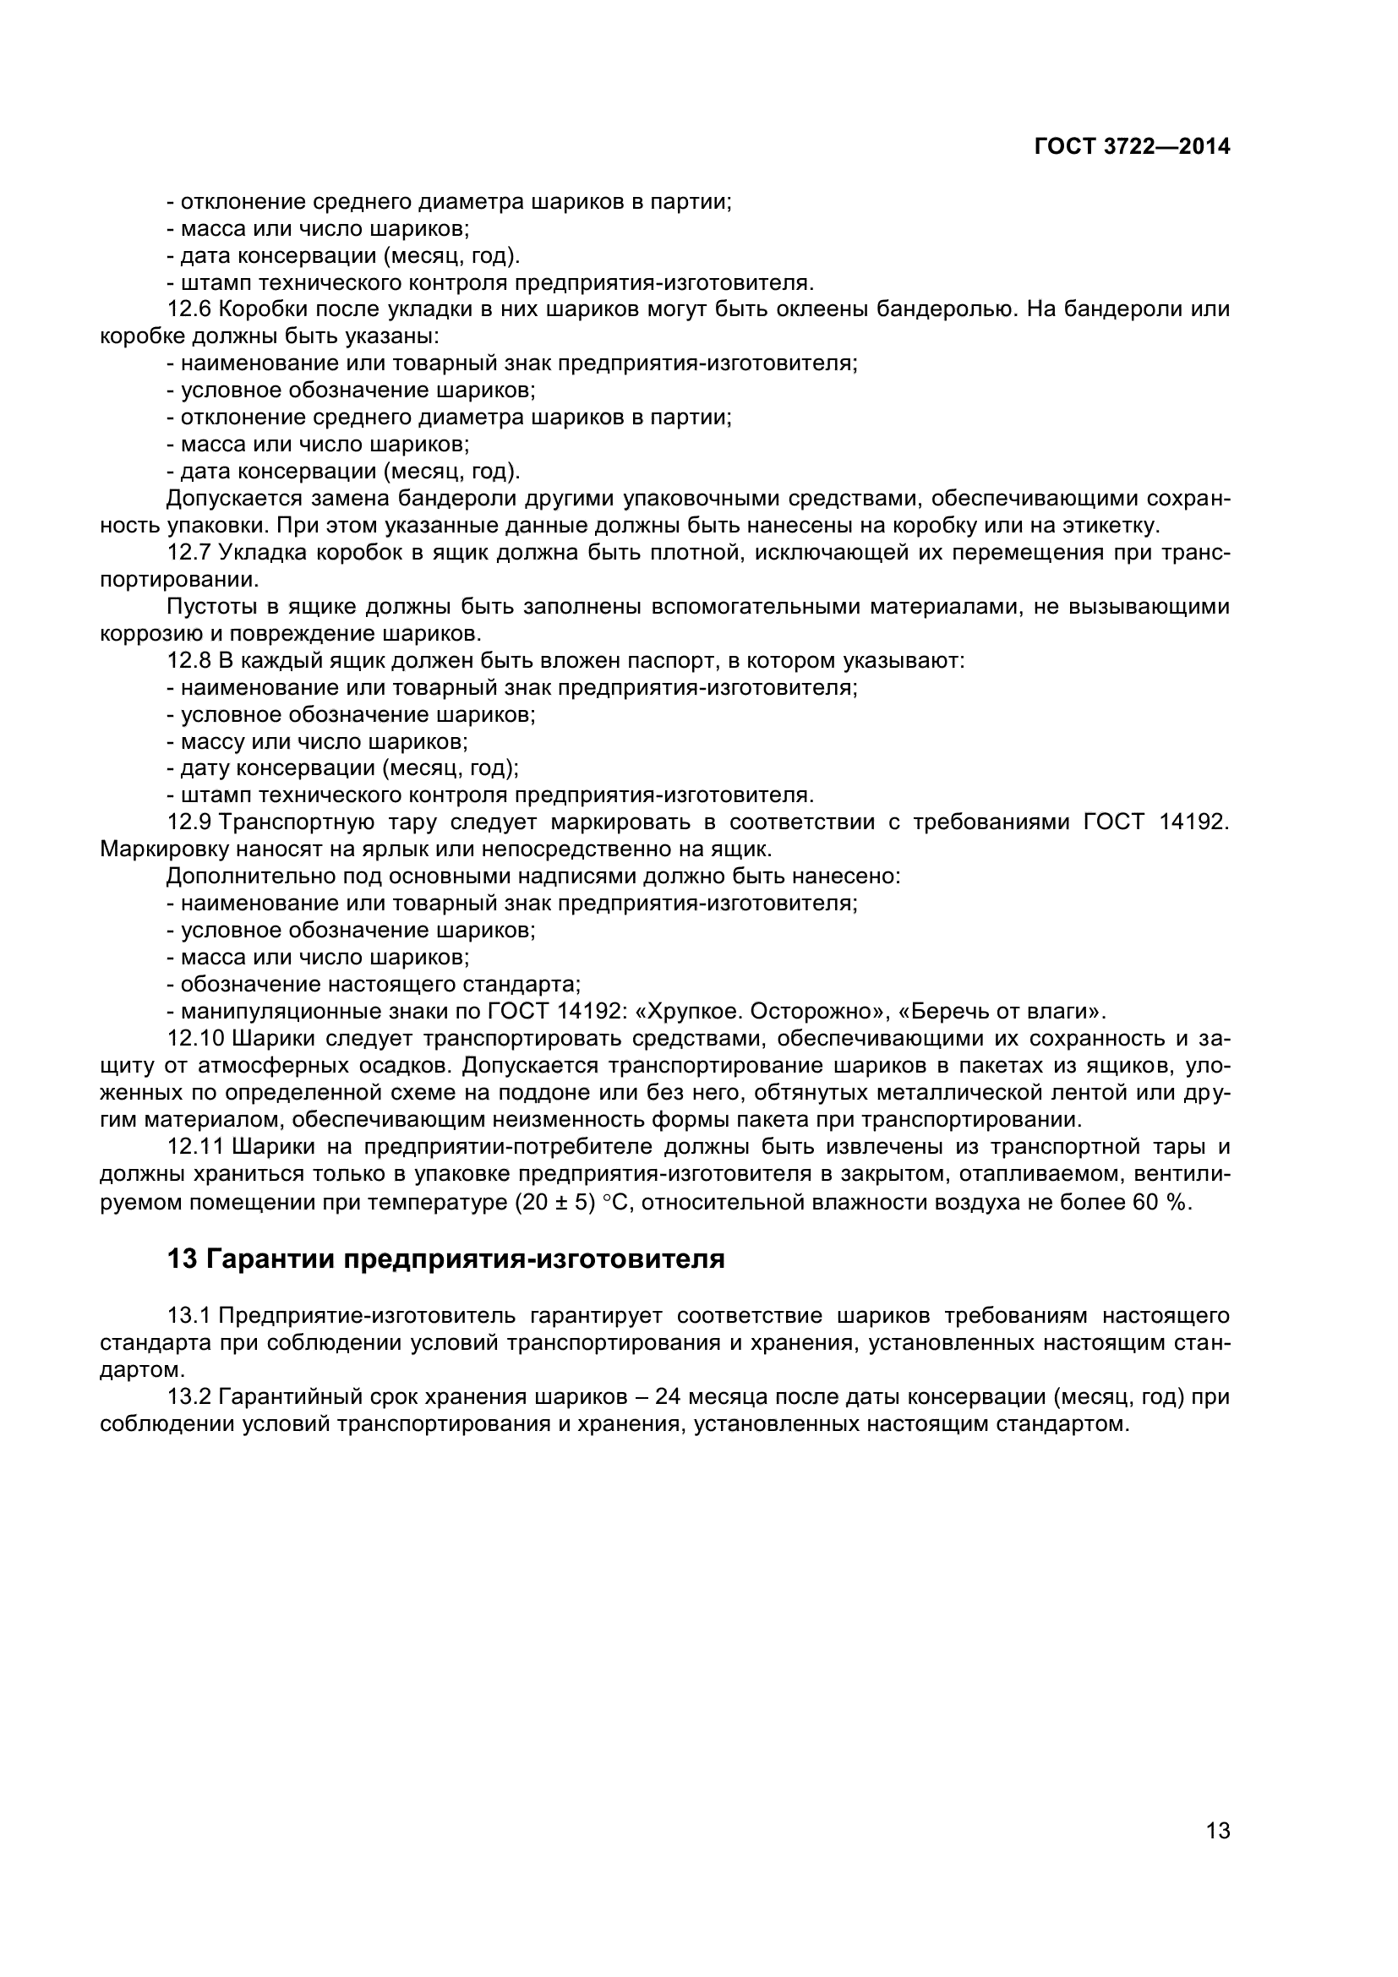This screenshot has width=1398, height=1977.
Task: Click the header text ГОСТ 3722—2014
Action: pyautogui.click(x=1131, y=146)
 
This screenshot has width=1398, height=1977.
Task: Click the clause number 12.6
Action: pyautogui.click(x=188, y=309)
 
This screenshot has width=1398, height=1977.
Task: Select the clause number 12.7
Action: pyautogui.click(x=188, y=552)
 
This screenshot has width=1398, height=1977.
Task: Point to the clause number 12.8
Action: pyautogui.click(x=188, y=660)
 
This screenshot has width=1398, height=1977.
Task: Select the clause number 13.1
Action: pyautogui.click(x=188, y=1316)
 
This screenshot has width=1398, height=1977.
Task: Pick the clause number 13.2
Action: pyautogui.click(x=188, y=1396)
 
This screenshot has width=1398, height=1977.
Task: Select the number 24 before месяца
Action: pyautogui.click(x=668, y=1396)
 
